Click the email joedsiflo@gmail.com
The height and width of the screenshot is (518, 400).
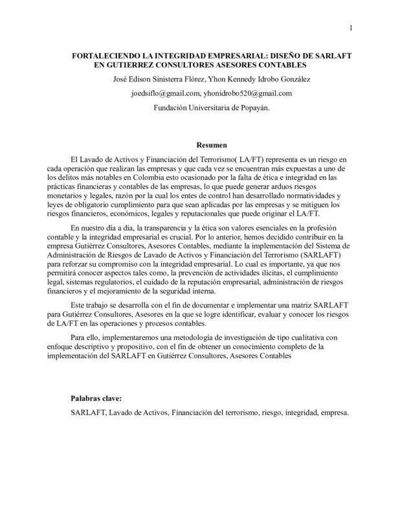coord(166,93)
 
